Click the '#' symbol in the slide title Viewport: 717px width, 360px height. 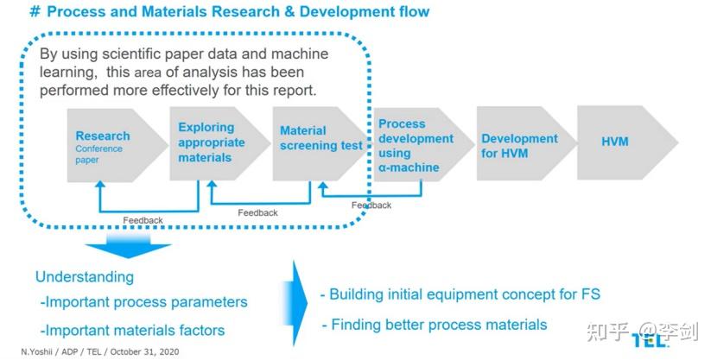pyautogui.click(x=35, y=12)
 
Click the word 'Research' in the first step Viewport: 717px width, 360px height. pyautogui.click(x=103, y=136)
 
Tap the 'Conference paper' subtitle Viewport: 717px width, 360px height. pyautogui.click(x=98, y=155)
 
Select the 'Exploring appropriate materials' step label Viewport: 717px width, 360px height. pyautogui.click(x=212, y=142)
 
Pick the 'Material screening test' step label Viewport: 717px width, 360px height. pyautogui.click(x=321, y=138)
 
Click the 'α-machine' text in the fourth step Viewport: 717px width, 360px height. pyautogui.click(x=409, y=167)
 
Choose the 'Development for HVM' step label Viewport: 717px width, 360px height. pyautogui.click(x=519, y=146)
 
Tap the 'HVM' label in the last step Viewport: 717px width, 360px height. pyautogui.click(x=615, y=142)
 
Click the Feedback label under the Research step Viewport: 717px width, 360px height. pyautogui.click(x=143, y=220)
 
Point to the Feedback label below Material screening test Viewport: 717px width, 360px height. pyautogui.click(x=257, y=212)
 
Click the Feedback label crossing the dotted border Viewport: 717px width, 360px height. pyautogui.click(x=371, y=205)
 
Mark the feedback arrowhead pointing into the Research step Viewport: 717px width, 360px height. pyautogui.click(x=100, y=184)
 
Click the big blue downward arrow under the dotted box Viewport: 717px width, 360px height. pyautogui.click(x=128, y=246)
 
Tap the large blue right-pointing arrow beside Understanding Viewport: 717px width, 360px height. pyautogui.click(x=298, y=302)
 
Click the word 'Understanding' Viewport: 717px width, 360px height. pyautogui.click(x=85, y=277)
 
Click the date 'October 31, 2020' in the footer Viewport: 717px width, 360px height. pyautogui.click(x=144, y=351)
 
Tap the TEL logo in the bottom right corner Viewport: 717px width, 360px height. pyautogui.click(x=650, y=340)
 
